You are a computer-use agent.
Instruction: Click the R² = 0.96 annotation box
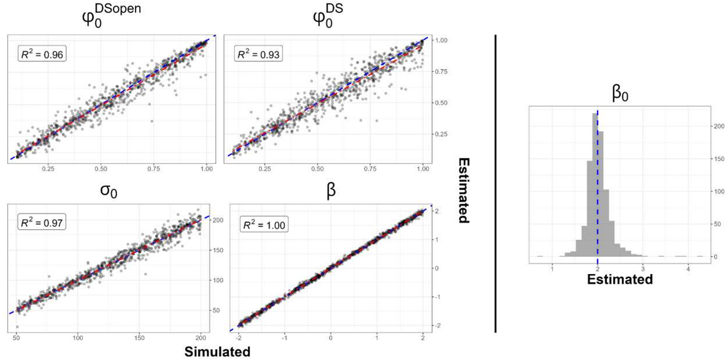point(42,54)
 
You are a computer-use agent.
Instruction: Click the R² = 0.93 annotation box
point(259,54)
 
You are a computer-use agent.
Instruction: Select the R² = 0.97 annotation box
point(42,223)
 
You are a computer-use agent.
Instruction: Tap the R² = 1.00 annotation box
point(264,225)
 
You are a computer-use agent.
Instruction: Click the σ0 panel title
point(108,191)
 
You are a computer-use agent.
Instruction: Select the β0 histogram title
point(619,94)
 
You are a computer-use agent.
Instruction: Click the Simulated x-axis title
point(217,352)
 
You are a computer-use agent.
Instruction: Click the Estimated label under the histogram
point(620,279)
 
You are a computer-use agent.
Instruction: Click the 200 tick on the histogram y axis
point(719,126)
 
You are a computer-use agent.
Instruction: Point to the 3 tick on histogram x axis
point(643,269)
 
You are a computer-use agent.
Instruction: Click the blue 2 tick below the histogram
point(597,269)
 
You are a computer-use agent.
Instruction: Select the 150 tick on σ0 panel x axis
point(139,338)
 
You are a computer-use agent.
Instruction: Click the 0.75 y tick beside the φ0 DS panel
point(440,72)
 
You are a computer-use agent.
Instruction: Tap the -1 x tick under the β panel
point(284,338)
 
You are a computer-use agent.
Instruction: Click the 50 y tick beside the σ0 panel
point(216,310)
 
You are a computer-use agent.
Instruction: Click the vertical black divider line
point(496,183)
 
